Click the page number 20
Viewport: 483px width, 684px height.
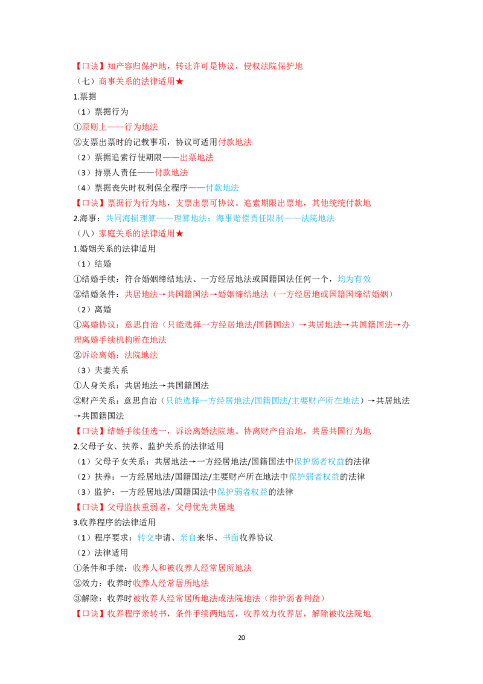[x=241, y=637]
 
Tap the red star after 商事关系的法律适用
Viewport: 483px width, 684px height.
[x=179, y=82]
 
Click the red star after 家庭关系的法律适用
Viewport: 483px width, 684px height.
[x=179, y=233]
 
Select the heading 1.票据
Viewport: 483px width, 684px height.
[x=85, y=97]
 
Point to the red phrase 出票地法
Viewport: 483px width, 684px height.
[x=197, y=158]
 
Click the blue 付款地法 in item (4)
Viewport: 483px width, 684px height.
[x=222, y=187]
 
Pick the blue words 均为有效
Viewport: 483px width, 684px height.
[x=354, y=279]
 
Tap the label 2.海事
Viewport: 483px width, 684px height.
[x=87, y=218]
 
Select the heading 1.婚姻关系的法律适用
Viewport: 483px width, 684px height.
[x=114, y=249]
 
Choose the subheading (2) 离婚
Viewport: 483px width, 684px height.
[x=94, y=309]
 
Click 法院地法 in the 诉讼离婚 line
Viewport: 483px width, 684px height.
[x=141, y=355]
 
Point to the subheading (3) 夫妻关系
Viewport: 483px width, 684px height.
[x=103, y=370]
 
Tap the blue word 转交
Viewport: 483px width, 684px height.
[x=146, y=537]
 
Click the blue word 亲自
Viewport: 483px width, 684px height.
[x=188, y=537]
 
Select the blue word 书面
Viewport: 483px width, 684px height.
[x=231, y=537]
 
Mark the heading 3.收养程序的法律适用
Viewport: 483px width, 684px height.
[x=114, y=522]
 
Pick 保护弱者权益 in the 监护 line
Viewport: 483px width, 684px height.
[x=242, y=492]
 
